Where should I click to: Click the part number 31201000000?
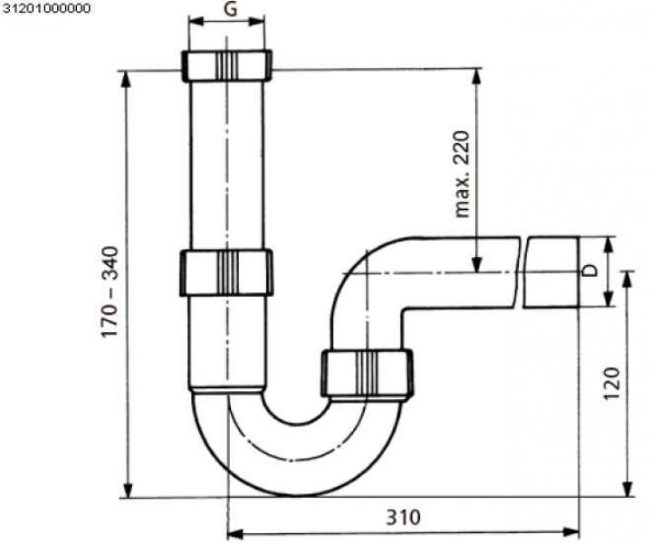45,8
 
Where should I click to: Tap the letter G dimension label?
230,9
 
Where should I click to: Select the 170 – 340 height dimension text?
111,291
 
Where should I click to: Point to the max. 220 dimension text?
461,175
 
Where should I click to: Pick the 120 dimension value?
611,384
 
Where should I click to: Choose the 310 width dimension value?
404,518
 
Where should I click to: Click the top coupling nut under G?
226,65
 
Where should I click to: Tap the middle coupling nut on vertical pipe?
226,272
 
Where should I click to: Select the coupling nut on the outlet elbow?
367,373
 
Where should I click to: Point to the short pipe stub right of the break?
550,271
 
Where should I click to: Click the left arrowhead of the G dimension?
196,21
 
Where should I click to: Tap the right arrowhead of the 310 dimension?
571,532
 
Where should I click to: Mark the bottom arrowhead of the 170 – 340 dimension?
129,490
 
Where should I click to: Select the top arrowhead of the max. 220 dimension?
477,76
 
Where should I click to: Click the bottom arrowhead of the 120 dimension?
628,489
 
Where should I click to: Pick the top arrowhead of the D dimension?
608,245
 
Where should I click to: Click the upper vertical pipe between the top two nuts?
226,166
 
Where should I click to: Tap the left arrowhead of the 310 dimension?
235,533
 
